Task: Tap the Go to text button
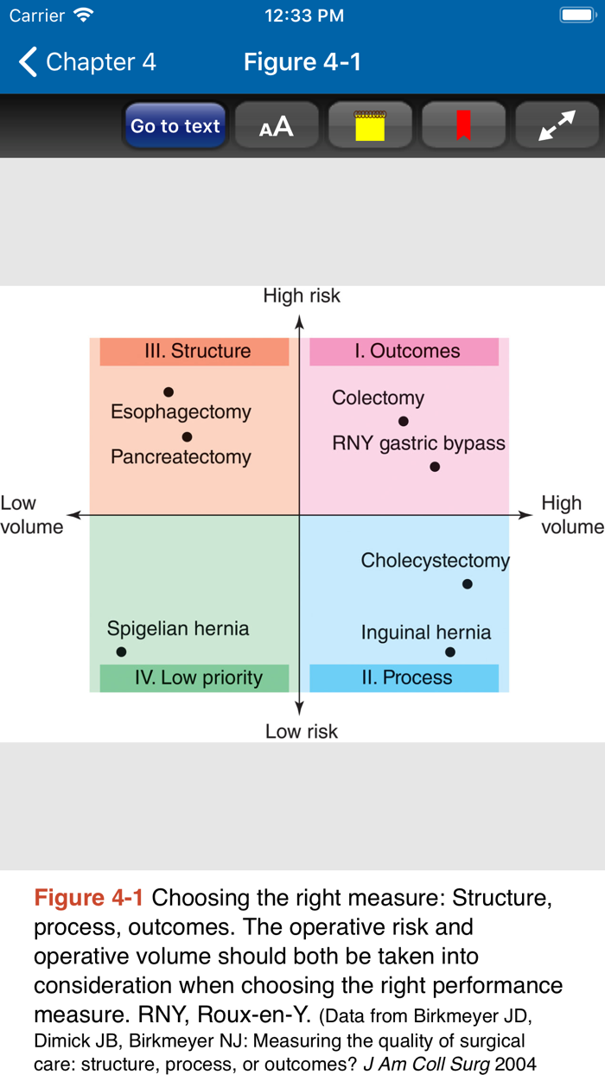point(175,126)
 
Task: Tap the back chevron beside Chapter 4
point(28,62)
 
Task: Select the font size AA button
point(277,126)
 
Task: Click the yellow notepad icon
point(370,126)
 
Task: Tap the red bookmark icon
point(463,126)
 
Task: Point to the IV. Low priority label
point(194,678)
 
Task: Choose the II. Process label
point(404,678)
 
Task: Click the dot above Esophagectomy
point(169,392)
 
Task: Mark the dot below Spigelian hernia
point(121,652)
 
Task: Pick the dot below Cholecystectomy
point(468,584)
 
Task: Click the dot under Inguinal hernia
point(450,652)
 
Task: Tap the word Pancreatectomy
point(181,457)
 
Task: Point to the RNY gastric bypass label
point(418,444)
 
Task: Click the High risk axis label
point(302,296)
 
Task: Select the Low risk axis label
point(302,732)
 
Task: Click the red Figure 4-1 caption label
point(89,898)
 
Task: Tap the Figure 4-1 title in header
point(302,62)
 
